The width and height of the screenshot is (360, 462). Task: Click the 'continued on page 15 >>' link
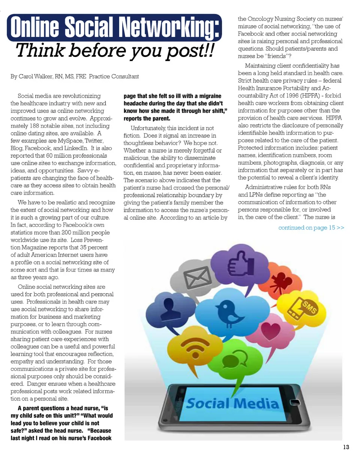pos(311,228)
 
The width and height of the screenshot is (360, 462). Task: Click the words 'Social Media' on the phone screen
pos(233,404)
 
